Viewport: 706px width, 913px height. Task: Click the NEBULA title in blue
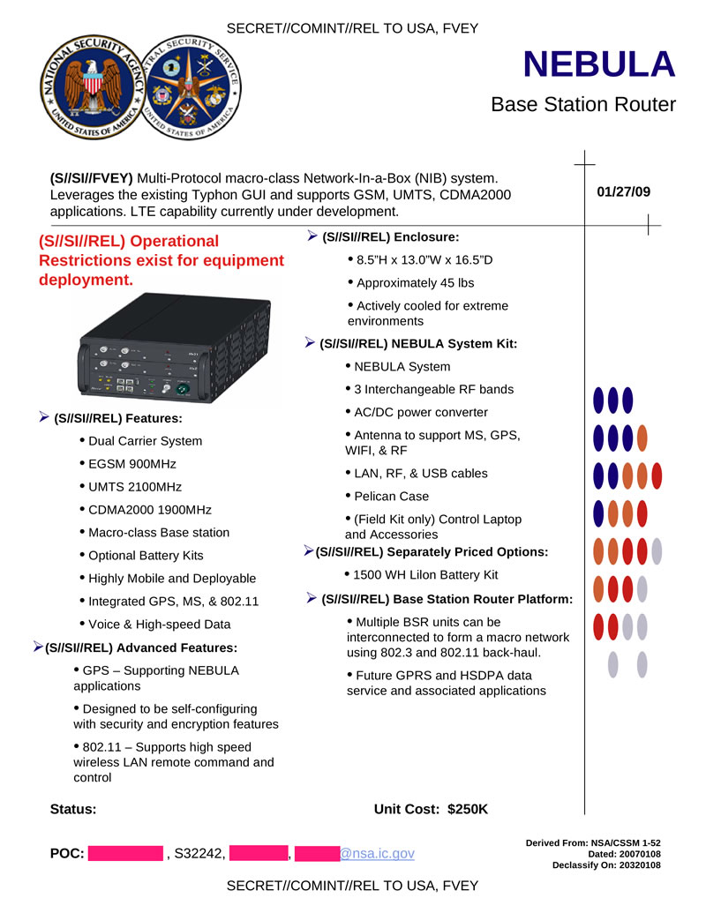(x=599, y=64)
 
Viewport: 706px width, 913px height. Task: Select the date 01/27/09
(x=624, y=191)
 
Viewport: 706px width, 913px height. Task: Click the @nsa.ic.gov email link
(x=377, y=853)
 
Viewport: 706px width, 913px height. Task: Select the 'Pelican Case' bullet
(x=391, y=496)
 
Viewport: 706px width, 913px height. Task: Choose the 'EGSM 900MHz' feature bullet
(x=132, y=463)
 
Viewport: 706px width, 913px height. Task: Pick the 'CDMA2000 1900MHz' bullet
(x=150, y=509)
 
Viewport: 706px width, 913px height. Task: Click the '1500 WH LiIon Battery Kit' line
(x=425, y=575)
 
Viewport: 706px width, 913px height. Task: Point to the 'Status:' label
(x=73, y=809)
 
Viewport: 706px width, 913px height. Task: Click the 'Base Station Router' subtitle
(x=582, y=105)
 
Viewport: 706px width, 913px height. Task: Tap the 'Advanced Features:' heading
(x=141, y=647)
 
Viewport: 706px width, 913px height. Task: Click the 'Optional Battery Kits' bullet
(x=146, y=555)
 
